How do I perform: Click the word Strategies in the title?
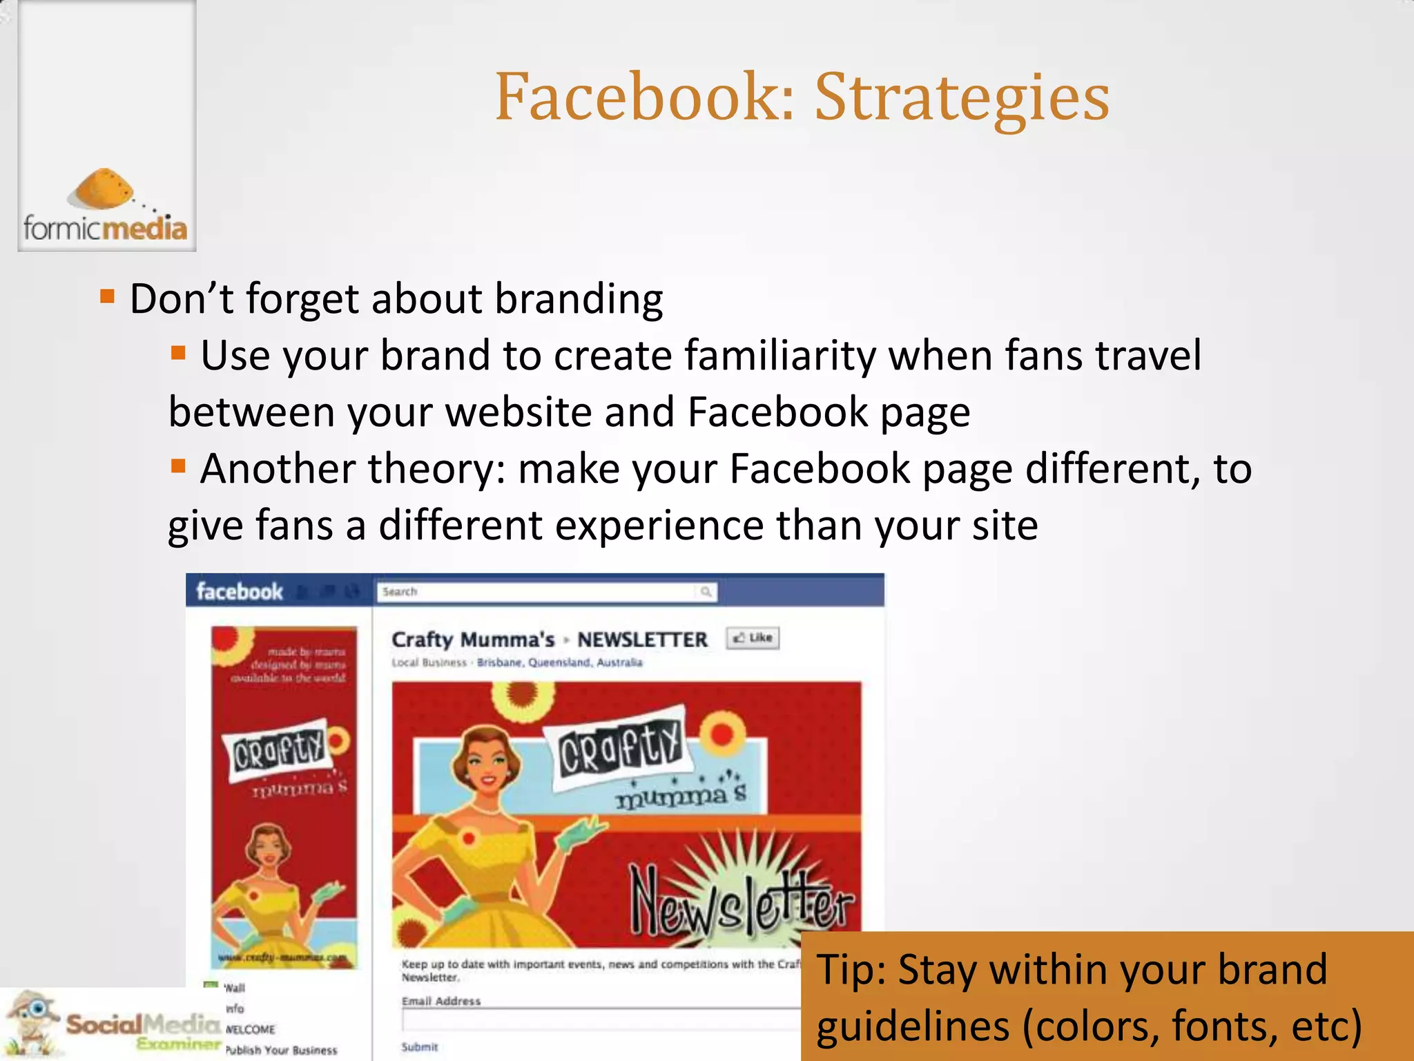[962, 98]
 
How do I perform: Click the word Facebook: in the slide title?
[645, 97]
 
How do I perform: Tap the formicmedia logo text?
[105, 228]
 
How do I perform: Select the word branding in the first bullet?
[579, 299]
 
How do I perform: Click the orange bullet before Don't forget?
[107, 297]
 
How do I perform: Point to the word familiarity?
[780, 356]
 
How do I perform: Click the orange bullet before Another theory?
[179, 466]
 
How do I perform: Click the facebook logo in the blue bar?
[239, 592]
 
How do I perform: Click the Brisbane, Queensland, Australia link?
[559, 662]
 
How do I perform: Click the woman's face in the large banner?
[492, 763]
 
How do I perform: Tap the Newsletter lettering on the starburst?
[742, 901]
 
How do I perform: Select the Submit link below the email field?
[420, 1047]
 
